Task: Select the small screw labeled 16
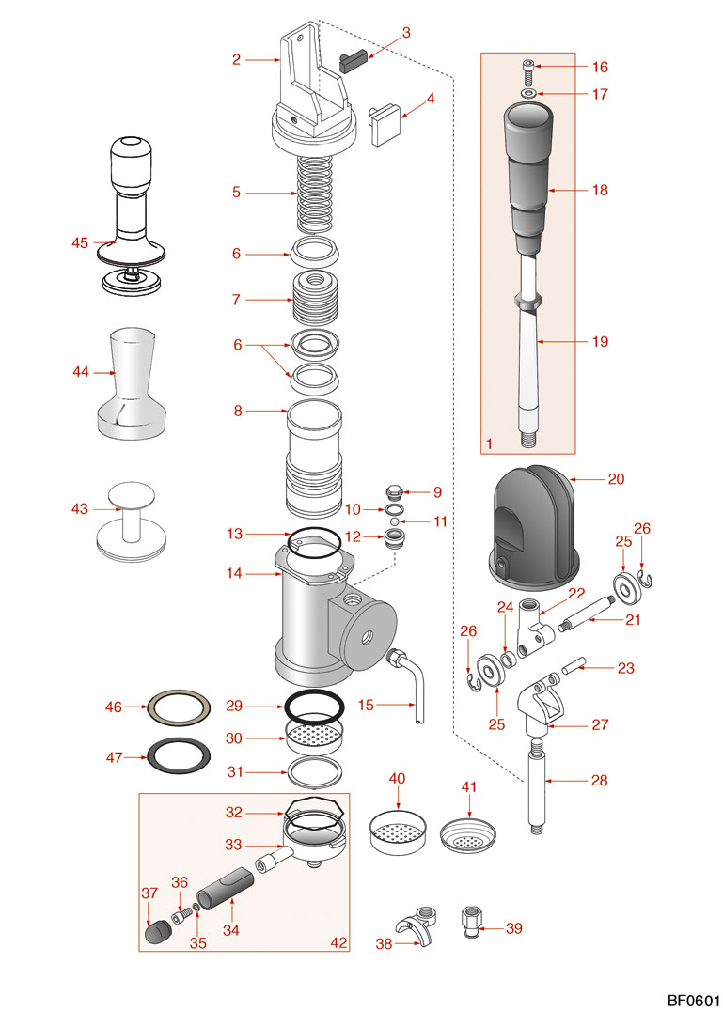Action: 529,67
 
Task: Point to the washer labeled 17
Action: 529,94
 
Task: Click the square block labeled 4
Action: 385,125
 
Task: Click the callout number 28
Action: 600,780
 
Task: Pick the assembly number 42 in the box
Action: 338,941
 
